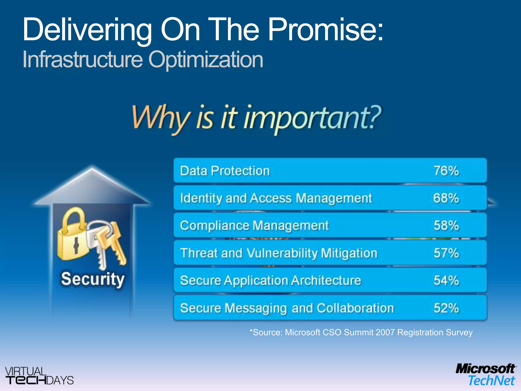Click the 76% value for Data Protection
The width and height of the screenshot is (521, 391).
(x=446, y=171)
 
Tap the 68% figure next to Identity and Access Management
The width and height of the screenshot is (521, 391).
(x=446, y=198)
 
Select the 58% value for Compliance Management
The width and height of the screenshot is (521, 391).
(x=446, y=226)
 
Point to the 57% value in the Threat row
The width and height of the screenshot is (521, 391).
(x=446, y=253)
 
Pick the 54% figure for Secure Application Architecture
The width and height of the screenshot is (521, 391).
(x=446, y=281)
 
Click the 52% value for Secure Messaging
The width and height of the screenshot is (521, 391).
(x=446, y=308)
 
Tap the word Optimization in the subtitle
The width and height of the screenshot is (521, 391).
(x=206, y=60)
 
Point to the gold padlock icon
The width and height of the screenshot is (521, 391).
(x=73, y=235)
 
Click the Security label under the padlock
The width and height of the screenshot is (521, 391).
(x=93, y=279)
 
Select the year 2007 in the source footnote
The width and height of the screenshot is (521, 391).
(x=385, y=332)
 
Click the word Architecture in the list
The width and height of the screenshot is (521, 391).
(x=326, y=281)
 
